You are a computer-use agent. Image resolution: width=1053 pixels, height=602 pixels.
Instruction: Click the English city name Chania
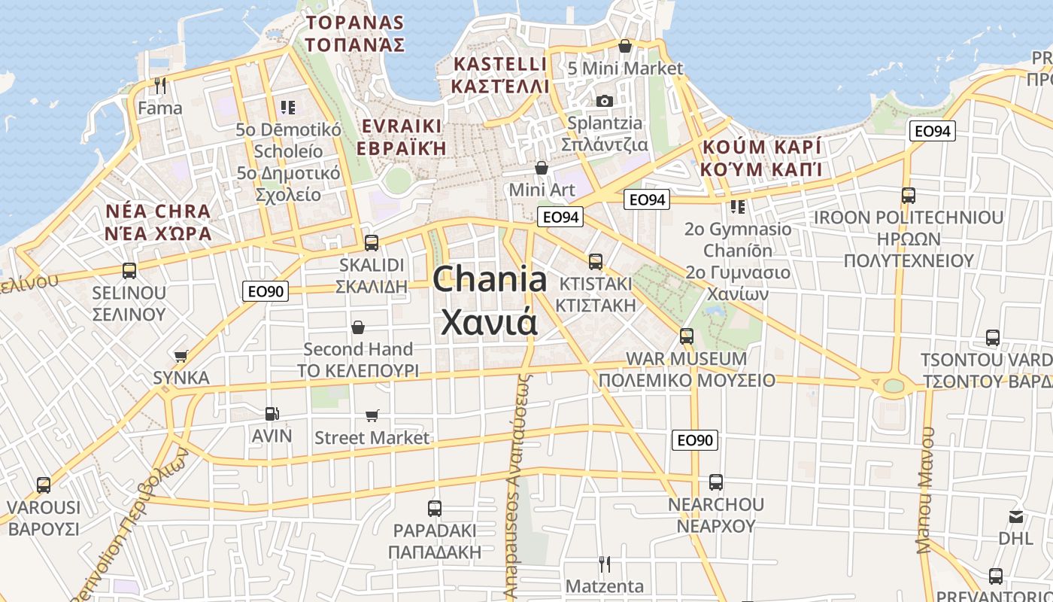tap(490, 279)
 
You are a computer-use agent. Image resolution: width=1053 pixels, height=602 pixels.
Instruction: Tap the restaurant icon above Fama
tap(159, 86)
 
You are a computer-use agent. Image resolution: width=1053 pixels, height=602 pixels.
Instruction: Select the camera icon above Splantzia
tap(604, 101)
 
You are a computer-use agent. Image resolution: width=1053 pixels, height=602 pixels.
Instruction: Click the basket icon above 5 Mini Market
tap(624, 47)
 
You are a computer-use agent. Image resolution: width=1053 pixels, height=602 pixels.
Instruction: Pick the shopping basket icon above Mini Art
tap(541, 167)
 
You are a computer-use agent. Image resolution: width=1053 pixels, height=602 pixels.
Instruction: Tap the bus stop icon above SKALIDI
tap(371, 243)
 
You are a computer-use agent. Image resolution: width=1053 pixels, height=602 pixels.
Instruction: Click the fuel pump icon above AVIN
tap(272, 413)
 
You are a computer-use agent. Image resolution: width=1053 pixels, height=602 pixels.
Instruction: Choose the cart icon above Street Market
tap(372, 415)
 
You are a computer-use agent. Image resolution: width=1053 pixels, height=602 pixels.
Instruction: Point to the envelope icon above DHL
tap(1016, 517)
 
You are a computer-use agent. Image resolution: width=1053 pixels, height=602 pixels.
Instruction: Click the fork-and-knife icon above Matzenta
tap(604, 564)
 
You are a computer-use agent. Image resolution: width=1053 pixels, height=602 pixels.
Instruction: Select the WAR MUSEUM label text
tap(686, 359)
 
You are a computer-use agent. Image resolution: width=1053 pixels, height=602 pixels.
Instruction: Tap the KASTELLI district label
tap(499, 64)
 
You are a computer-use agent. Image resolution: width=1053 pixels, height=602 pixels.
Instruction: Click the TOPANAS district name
tap(354, 23)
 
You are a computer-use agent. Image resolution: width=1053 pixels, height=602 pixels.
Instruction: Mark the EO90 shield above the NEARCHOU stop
tap(695, 440)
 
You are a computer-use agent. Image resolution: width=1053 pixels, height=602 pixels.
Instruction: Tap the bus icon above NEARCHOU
tap(715, 482)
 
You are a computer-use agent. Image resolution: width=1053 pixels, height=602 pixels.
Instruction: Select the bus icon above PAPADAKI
tap(434, 508)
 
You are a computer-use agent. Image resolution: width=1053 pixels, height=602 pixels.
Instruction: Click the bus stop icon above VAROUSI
tap(44, 485)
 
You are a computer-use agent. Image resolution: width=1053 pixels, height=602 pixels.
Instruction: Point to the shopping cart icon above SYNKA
tap(181, 356)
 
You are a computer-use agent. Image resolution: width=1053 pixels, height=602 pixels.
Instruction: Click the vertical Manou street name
tap(924, 490)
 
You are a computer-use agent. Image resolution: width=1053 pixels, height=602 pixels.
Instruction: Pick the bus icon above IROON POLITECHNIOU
tap(908, 196)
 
